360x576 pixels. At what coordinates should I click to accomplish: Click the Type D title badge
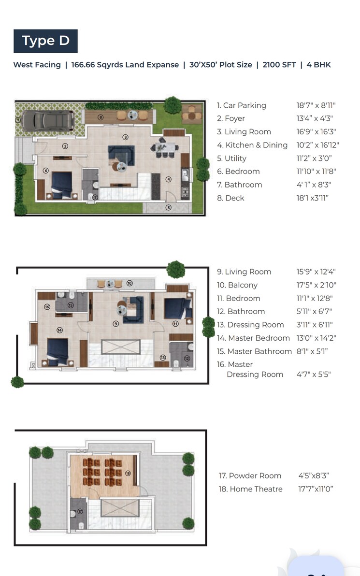click(45, 41)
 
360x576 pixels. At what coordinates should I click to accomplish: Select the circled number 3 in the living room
click(125, 137)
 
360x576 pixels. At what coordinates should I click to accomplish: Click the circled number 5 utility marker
click(168, 208)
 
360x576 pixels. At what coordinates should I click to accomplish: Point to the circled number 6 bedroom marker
click(45, 170)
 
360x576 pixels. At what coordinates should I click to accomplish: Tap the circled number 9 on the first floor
click(115, 324)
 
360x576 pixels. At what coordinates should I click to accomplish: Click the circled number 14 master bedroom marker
click(60, 331)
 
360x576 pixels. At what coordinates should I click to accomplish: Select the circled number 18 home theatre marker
click(128, 474)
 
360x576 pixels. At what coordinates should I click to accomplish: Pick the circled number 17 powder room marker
click(80, 511)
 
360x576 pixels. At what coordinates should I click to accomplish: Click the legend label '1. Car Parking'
click(241, 105)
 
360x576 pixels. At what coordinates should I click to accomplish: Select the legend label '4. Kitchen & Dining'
click(252, 145)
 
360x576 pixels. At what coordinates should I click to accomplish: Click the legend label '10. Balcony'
click(237, 285)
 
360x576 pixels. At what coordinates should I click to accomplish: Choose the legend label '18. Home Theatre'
click(250, 489)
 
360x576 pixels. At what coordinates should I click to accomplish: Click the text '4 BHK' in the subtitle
click(318, 65)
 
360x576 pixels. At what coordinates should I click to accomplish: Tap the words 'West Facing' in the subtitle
click(37, 65)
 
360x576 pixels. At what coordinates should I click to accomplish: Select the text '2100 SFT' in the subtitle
click(279, 65)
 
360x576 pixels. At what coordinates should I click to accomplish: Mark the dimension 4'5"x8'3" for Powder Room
click(314, 476)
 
